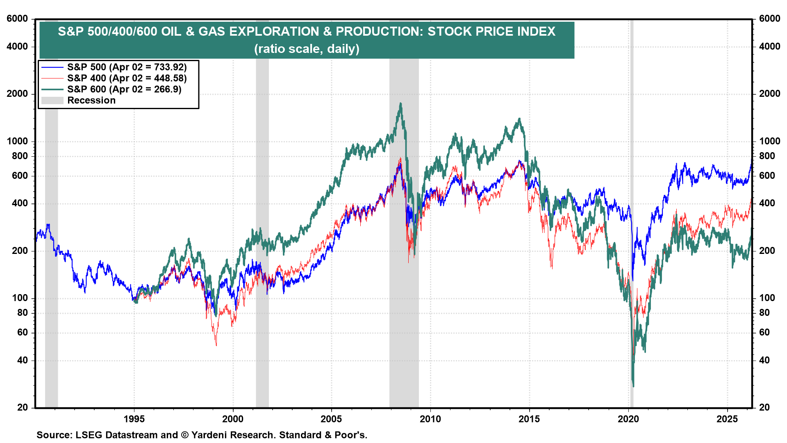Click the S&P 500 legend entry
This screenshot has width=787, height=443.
(127, 67)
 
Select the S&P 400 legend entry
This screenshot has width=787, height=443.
(127, 78)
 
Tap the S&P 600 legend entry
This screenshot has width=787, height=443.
(124, 89)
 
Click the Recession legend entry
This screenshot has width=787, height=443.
(91, 100)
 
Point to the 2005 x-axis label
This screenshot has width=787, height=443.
(331, 419)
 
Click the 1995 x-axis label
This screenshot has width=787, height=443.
(134, 419)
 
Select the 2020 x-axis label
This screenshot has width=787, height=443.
(628, 419)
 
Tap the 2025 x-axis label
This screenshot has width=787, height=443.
(727, 419)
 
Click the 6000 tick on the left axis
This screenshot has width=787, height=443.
(17, 19)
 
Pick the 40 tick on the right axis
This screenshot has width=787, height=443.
(764, 361)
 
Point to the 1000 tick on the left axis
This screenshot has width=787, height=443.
(17, 142)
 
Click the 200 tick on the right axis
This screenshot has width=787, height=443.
(767, 251)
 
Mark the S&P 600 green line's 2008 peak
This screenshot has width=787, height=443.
(400, 103)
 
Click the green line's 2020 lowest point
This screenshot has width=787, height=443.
(633, 386)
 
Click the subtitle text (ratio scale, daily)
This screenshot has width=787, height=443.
(307, 49)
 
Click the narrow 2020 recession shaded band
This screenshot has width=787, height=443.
(632, 205)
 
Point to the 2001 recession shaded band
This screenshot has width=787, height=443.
(262, 205)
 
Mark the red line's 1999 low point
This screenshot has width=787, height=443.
(216, 345)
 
